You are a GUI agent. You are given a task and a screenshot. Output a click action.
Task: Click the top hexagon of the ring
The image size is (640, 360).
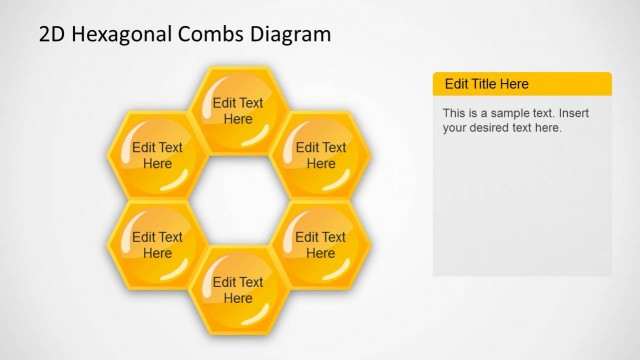point(239,110)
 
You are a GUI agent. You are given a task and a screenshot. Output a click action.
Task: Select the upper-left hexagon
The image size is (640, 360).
point(158,155)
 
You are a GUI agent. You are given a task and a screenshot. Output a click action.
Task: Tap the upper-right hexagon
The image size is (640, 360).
point(321,155)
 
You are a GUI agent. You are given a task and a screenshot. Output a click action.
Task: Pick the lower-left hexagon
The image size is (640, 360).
point(158,245)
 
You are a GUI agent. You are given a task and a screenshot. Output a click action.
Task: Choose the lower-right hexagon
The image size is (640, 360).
point(321,245)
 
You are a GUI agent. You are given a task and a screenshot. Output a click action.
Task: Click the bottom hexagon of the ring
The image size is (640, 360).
point(239,290)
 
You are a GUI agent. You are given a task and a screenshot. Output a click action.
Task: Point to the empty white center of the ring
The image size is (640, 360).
point(239,200)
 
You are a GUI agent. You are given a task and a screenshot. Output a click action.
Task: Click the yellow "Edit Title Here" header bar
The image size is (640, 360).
point(521,84)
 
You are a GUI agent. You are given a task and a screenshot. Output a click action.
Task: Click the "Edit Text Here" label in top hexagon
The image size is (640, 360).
point(238,111)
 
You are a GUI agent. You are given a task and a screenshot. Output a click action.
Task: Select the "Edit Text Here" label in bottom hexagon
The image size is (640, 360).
point(238,290)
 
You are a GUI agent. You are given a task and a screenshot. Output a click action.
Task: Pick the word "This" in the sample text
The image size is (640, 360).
point(455,113)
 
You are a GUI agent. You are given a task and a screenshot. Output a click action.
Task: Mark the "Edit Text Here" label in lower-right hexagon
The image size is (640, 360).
point(321,245)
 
